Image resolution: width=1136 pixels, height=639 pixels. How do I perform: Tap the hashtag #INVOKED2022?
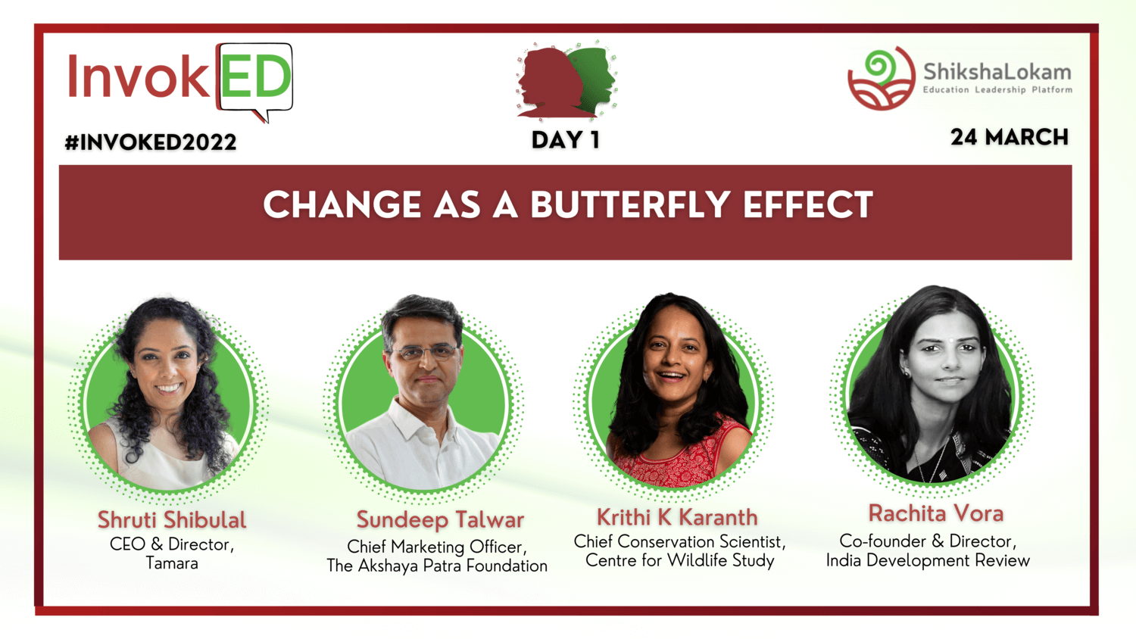(151, 142)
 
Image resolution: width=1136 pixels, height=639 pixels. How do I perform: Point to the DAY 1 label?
(566, 140)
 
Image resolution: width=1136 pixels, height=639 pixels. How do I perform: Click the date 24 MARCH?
(1010, 138)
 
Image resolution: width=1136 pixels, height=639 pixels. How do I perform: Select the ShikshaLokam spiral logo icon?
(882, 78)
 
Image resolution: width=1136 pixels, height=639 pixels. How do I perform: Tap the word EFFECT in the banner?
(808, 205)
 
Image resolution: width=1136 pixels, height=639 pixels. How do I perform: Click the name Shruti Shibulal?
(172, 520)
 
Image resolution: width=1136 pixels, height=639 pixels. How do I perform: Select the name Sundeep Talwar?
(440, 520)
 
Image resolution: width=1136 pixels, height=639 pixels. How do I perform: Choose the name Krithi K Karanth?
(677, 517)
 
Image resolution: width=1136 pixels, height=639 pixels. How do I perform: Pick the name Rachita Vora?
(935, 513)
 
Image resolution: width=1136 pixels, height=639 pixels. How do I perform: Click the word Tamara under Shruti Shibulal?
(172, 563)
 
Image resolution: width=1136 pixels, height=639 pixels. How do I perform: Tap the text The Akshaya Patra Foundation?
(437, 566)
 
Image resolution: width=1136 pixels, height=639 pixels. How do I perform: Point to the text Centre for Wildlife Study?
(679, 560)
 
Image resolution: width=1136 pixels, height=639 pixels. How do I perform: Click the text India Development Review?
(928, 560)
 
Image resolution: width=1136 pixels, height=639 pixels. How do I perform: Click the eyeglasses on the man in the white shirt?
(425, 352)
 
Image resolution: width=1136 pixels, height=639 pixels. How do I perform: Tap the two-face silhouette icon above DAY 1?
(566, 81)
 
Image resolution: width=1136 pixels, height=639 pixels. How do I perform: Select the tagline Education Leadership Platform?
(997, 90)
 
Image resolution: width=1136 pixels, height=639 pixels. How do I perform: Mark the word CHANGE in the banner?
(342, 205)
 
